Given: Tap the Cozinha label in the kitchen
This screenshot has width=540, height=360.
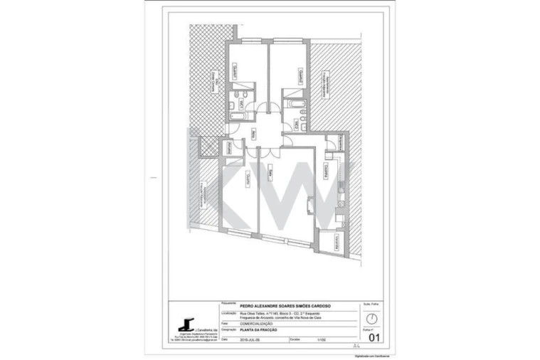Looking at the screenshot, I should (325, 171).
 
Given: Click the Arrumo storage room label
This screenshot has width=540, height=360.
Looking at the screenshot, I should (230, 148).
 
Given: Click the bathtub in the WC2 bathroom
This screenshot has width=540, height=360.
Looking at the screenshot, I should (293, 104).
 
